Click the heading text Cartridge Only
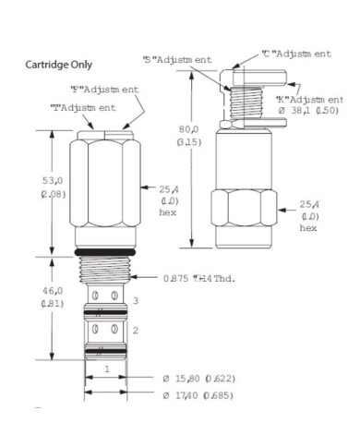[57, 66]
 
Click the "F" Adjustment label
[105, 90]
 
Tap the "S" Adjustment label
[177, 59]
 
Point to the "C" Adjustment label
[295, 54]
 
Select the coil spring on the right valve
[246, 97]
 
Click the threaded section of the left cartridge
[105, 270]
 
